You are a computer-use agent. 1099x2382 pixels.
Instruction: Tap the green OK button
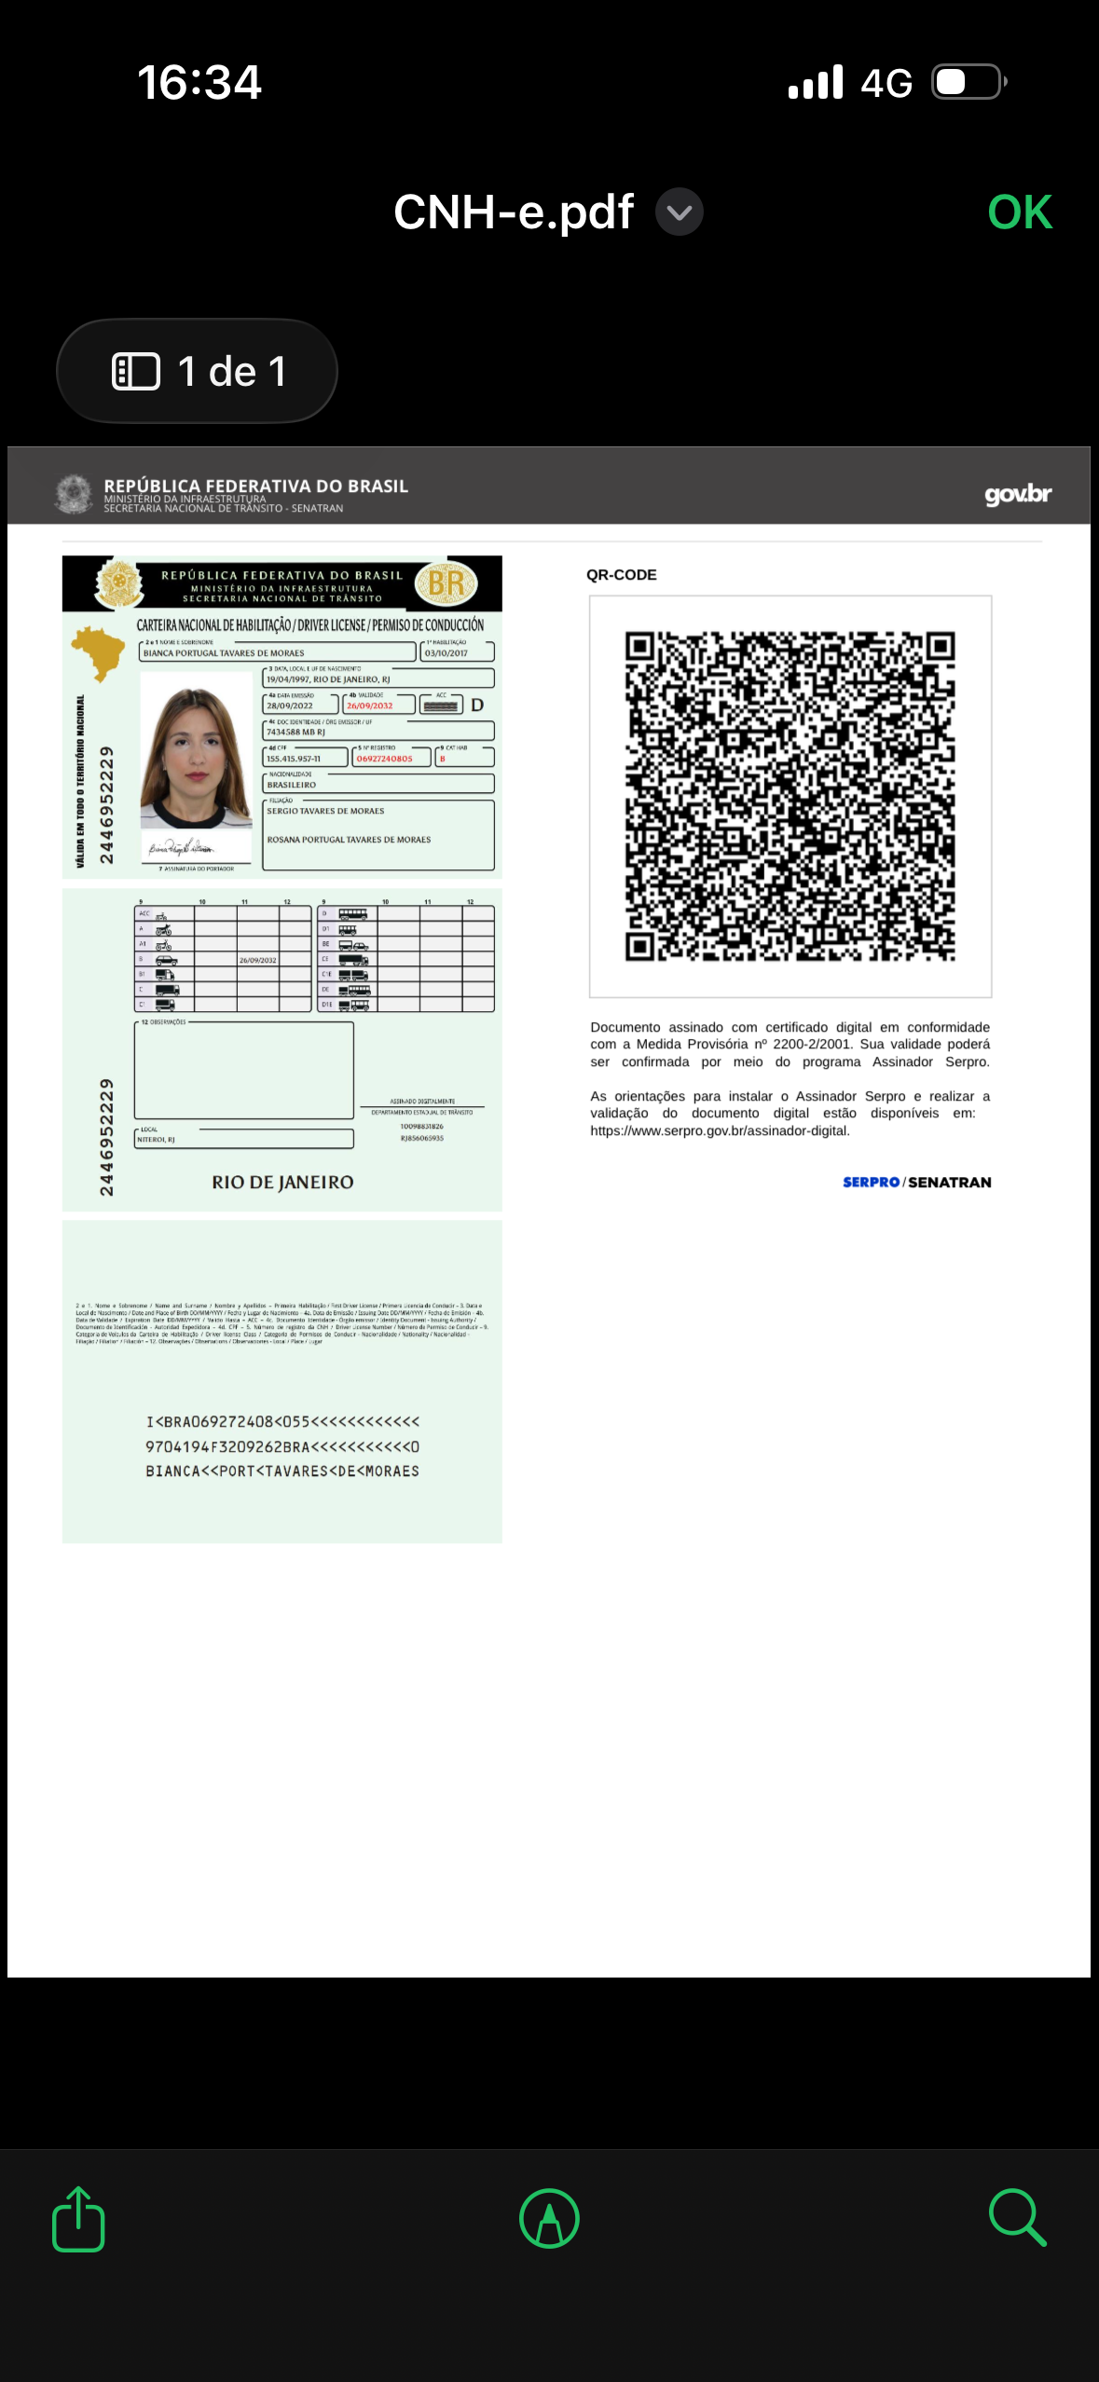[1020, 212]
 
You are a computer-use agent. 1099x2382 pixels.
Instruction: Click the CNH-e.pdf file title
[514, 212]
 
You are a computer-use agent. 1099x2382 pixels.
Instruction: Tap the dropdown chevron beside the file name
[680, 212]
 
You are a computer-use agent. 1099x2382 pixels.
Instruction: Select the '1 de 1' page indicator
[198, 371]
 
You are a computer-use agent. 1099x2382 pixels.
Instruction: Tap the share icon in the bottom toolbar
[78, 2219]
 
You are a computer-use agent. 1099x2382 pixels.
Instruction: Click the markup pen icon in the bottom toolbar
[549, 2219]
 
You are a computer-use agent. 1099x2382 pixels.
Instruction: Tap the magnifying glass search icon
[1017, 2219]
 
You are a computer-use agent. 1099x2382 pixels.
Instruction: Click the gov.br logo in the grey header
[1018, 494]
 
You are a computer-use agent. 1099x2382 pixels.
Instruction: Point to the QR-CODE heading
[622, 575]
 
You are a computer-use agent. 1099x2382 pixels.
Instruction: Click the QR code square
[790, 797]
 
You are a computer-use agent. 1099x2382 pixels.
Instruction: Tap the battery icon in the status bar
[968, 82]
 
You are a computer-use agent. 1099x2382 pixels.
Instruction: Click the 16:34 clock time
[199, 82]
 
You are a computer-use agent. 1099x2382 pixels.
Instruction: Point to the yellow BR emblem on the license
[446, 583]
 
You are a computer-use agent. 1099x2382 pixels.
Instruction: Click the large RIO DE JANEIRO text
[282, 1183]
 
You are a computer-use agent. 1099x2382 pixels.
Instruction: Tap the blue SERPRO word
[871, 1183]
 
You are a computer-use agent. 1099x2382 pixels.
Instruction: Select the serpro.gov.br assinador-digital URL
[720, 1131]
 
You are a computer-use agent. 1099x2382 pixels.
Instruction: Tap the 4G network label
[886, 84]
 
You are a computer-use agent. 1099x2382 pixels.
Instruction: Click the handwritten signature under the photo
[182, 847]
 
